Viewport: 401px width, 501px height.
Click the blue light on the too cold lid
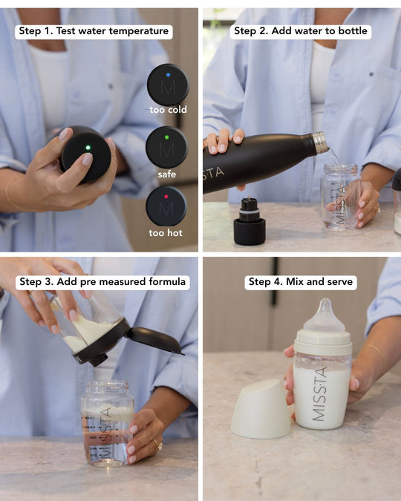coord(169,75)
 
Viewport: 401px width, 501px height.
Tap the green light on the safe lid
coord(166,137)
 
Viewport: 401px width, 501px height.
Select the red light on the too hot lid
coord(166,197)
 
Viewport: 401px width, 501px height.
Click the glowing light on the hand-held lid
coord(88,148)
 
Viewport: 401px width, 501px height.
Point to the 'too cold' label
coord(169,110)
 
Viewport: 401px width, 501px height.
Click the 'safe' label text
coord(166,174)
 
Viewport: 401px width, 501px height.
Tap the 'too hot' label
coord(166,232)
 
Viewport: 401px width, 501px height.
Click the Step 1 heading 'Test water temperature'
coord(112,31)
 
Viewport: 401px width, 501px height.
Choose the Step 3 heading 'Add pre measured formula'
coord(121,281)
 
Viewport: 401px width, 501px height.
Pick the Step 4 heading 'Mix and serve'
coord(319,281)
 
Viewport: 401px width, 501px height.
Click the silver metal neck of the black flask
coord(320,143)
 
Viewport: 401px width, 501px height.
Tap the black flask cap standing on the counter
coord(250,221)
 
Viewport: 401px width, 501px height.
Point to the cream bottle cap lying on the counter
coord(261,409)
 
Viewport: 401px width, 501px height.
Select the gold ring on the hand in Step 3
coord(157,444)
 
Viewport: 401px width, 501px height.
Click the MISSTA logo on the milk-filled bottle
coord(320,394)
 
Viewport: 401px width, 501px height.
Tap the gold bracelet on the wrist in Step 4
coord(379,356)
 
